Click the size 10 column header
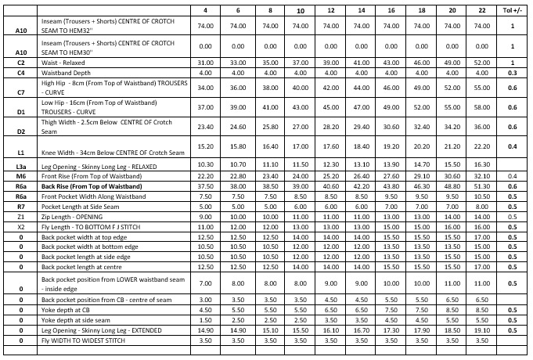click(301, 10)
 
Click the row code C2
click(21, 62)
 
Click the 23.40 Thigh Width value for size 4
click(206, 127)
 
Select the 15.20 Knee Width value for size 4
click(206, 146)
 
